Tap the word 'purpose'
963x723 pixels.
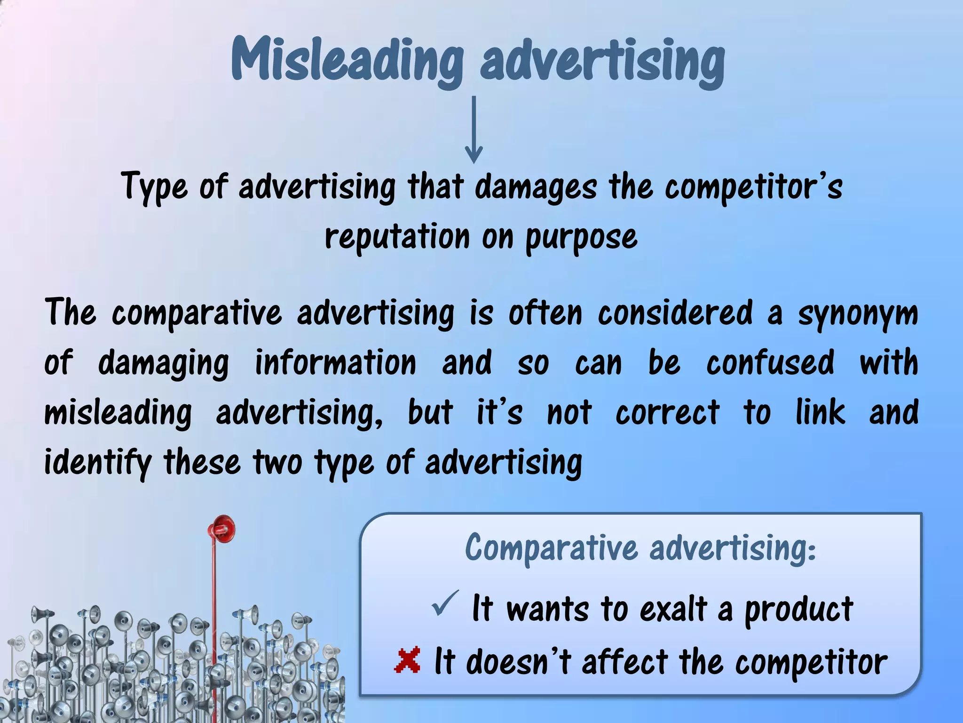pos(581,238)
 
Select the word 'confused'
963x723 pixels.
pos(770,363)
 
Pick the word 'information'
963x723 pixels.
pos(336,363)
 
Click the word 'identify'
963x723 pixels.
pos(98,463)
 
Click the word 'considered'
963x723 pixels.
pos(675,313)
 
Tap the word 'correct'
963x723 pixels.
pos(667,413)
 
